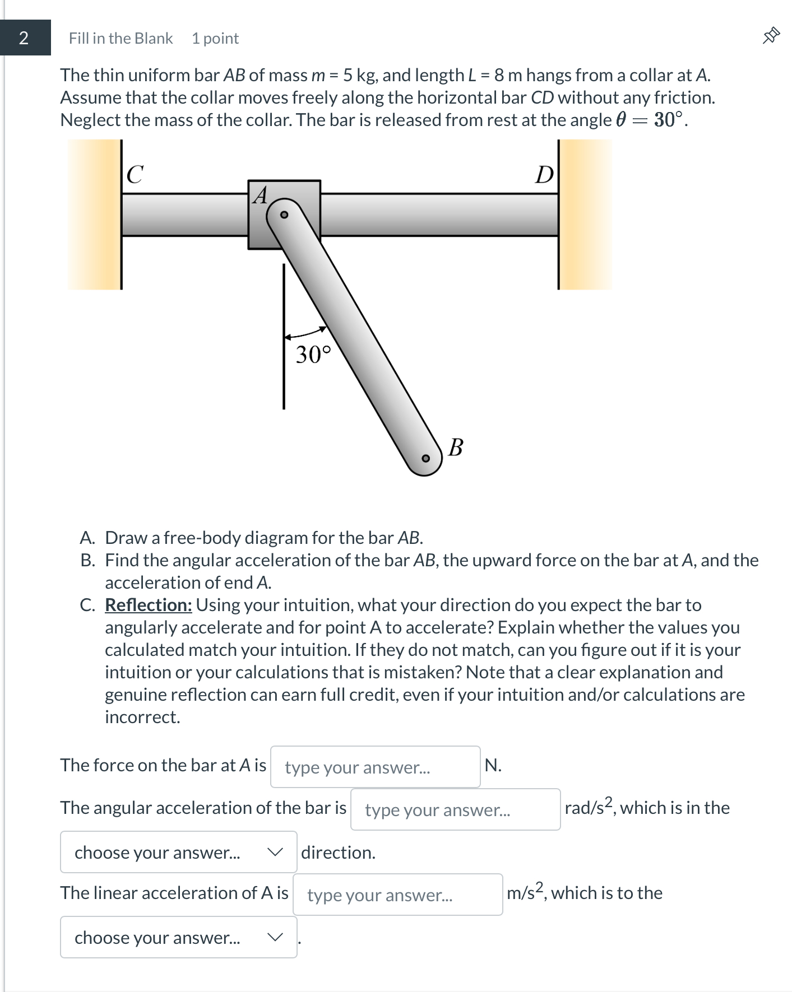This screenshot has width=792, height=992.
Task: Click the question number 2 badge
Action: [24, 38]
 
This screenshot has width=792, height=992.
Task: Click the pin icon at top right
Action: [771, 36]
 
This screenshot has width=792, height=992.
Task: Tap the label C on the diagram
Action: [135, 174]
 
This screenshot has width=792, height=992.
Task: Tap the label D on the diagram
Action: [544, 175]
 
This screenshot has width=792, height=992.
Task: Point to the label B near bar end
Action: [456, 448]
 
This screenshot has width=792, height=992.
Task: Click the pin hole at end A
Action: [284, 215]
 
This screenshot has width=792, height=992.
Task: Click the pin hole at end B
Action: [426, 458]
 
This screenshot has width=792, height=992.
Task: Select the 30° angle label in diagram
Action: [313, 355]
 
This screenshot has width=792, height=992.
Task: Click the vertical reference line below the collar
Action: [284, 381]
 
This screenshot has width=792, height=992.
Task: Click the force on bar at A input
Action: [375, 767]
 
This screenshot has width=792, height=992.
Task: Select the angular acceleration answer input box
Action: [455, 809]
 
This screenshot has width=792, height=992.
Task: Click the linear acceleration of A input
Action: [397, 895]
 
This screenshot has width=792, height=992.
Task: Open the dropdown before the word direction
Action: [178, 852]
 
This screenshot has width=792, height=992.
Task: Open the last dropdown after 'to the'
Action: [178, 937]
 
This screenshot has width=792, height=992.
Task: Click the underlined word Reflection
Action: [149, 605]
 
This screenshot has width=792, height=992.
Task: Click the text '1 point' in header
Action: [215, 38]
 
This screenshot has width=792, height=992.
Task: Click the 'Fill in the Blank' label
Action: [121, 38]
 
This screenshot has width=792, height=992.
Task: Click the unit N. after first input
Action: [493, 765]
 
